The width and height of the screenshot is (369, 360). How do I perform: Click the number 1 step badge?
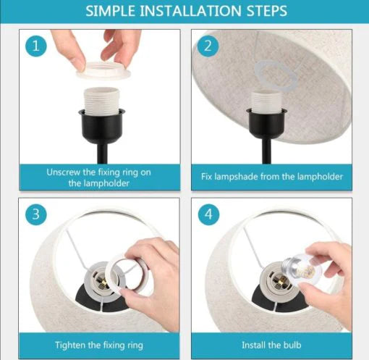pyautogui.click(x=36, y=46)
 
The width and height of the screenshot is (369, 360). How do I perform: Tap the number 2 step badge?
pyautogui.click(x=208, y=46)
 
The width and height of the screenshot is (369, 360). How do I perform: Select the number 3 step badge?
pyautogui.click(x=36, y=214)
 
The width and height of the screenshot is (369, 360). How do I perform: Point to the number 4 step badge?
pyautogui.click(x=209, y=214)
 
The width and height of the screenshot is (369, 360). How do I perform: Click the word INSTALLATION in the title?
pyautogui.click(x=190, y=11)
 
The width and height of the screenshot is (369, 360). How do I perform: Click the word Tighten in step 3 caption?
pyautogui.click(x=70, y=345)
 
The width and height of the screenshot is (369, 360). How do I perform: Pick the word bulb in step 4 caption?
pyautogui.click(x=292, y=345)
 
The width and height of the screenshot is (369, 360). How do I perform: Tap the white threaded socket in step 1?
pyautogui.click(x=101, y=100)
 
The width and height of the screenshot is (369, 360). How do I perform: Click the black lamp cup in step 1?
pyautogui.click(x=101, y=125)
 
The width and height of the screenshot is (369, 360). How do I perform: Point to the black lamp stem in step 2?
pyautogui.click(x=266, y=151)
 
